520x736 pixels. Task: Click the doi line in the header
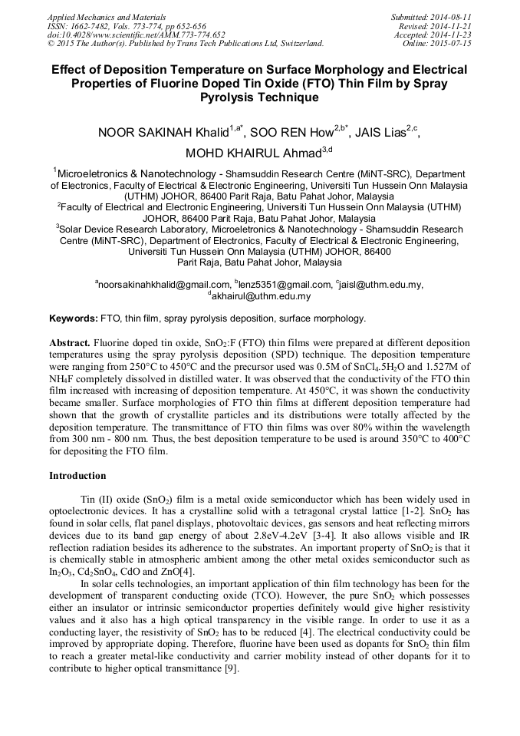pos(137,35)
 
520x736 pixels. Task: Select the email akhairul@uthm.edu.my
pos(261,295)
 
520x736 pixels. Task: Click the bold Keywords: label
pos(74,318)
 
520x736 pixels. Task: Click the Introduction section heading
pos(77,476)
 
